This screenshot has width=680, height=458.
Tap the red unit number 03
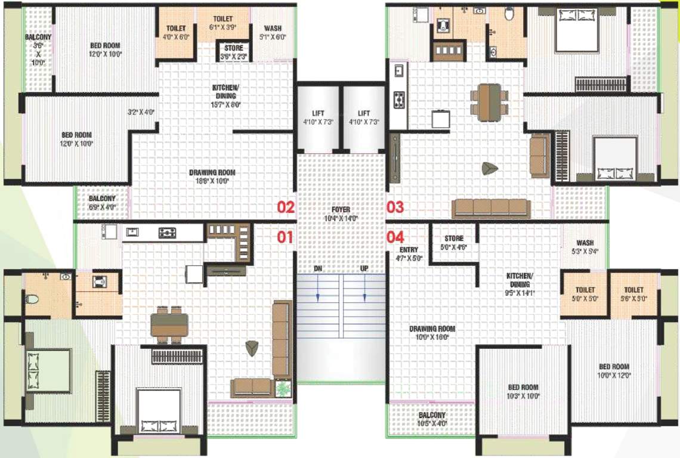tap(395, 208)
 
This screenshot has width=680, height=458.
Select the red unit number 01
tap(285, 237)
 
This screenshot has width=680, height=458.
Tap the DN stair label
tap(318, 269)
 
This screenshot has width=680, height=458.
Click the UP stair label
tap(364, 269)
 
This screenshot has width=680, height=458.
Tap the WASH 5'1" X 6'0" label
tap(273, 32)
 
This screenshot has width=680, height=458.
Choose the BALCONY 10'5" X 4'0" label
tap(432, 419)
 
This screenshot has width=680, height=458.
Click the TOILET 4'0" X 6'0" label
tap(176, 32)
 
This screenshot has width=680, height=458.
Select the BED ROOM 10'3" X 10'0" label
tap(523, 391)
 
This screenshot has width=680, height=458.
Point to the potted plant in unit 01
tap(283, 388)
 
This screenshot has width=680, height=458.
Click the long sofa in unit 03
tap(490, 208)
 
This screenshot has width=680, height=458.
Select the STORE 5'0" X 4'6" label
tap(454, 243)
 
